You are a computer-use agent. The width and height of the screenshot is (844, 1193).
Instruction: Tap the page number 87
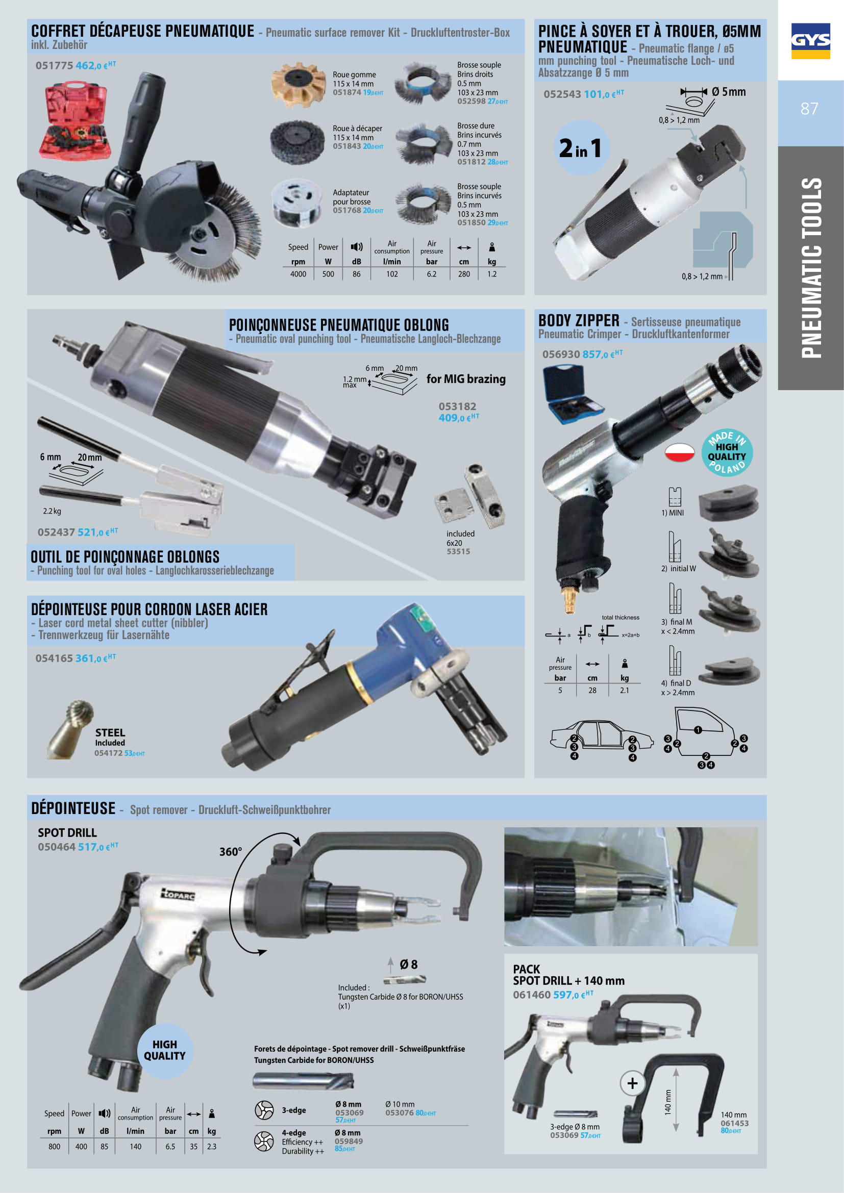tap(809, 109)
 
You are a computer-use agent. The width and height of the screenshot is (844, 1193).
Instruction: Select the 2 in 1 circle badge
tap(581, 147)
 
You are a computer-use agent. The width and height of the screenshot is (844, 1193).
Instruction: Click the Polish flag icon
tap(679, 452)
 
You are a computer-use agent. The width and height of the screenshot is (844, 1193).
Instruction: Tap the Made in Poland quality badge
tap(727, 452)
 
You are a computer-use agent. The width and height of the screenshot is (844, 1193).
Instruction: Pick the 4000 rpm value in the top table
tap(299, 274)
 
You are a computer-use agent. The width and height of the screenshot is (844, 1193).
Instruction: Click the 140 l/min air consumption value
tap(135, 1146)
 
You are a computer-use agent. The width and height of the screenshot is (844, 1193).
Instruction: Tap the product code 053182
tap(457, 407)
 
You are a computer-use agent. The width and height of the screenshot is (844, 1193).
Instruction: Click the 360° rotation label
tap(230, 852)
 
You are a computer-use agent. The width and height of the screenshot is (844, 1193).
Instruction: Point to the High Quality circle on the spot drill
tap(165, 1050)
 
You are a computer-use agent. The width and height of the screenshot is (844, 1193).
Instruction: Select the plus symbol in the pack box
tap(632, 1083)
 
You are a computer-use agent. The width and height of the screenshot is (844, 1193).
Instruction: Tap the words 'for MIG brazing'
tap(466, 379)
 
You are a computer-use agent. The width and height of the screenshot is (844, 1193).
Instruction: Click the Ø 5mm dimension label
tap(729, 92)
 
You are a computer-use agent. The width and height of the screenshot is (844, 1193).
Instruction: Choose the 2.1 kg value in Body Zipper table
tap(624, 690)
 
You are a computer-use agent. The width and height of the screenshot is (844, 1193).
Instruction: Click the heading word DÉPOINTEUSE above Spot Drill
tap(73, 808)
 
